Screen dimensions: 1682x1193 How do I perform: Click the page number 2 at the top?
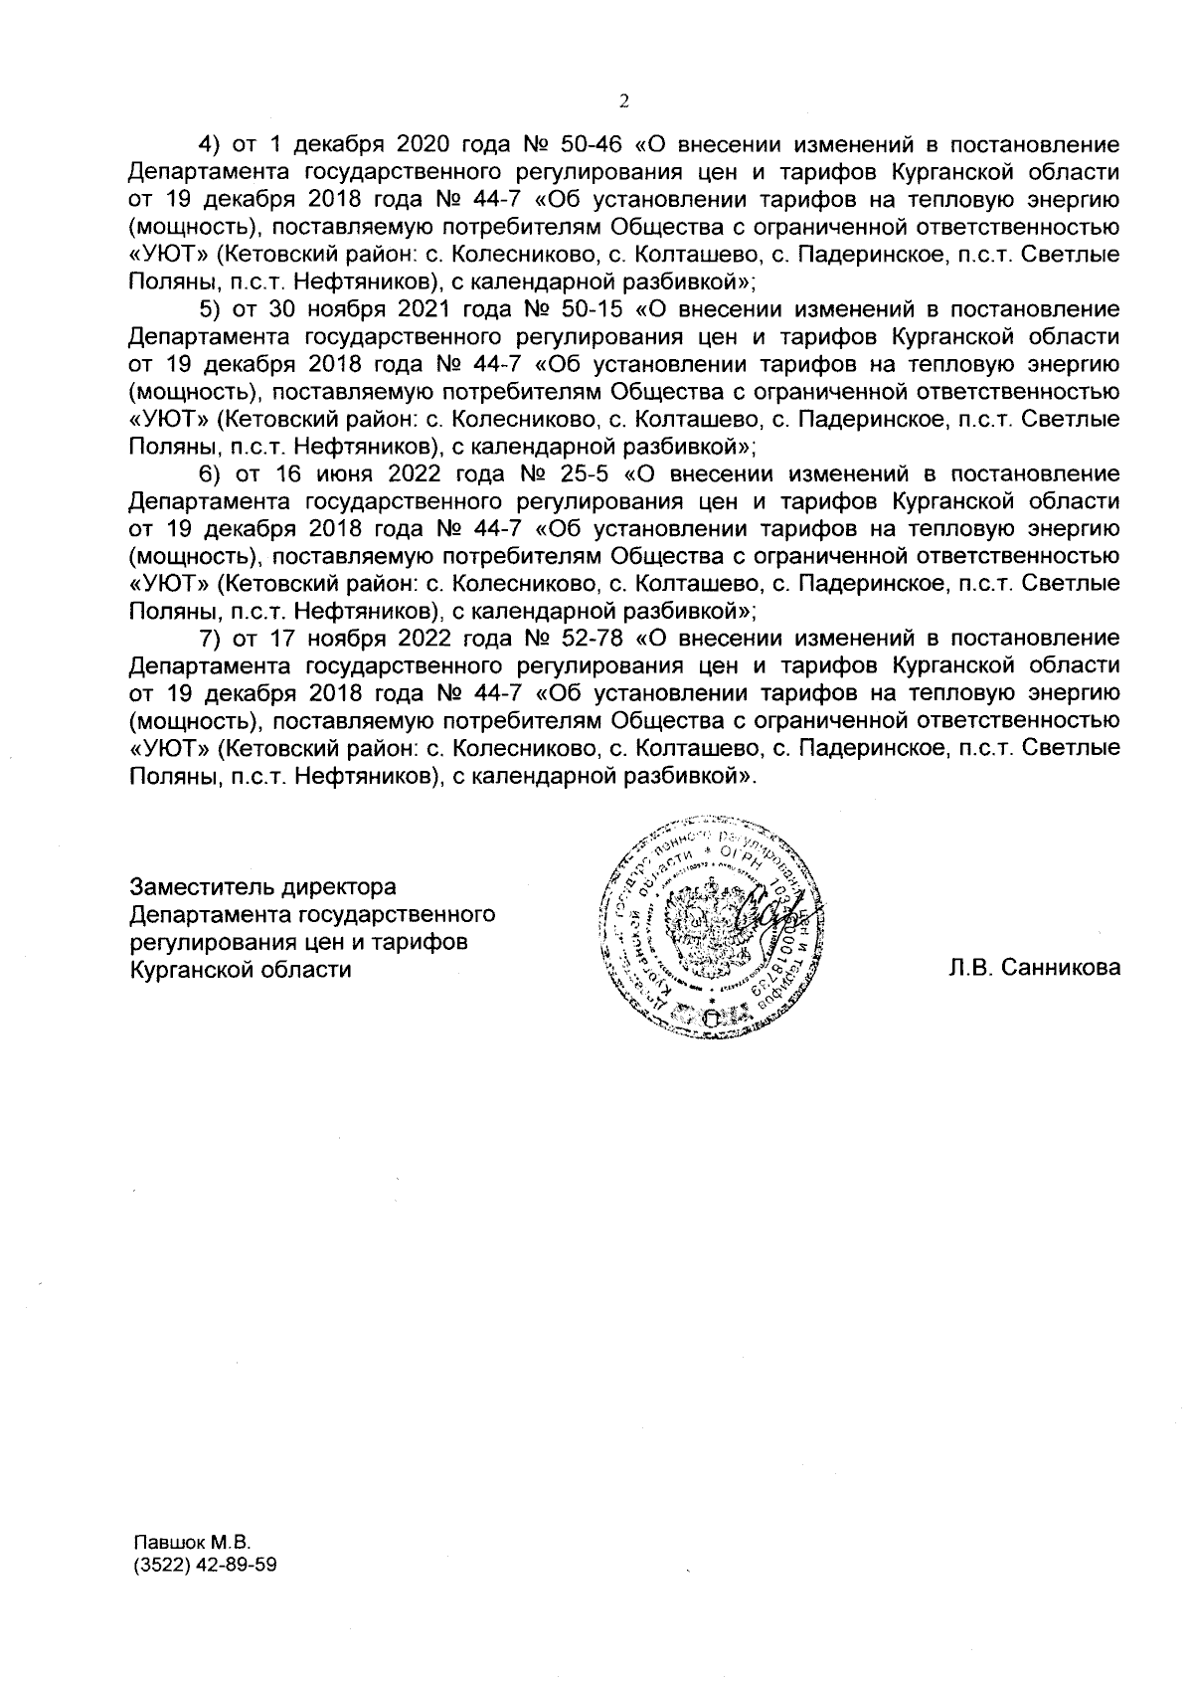(x=623, y=99)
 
